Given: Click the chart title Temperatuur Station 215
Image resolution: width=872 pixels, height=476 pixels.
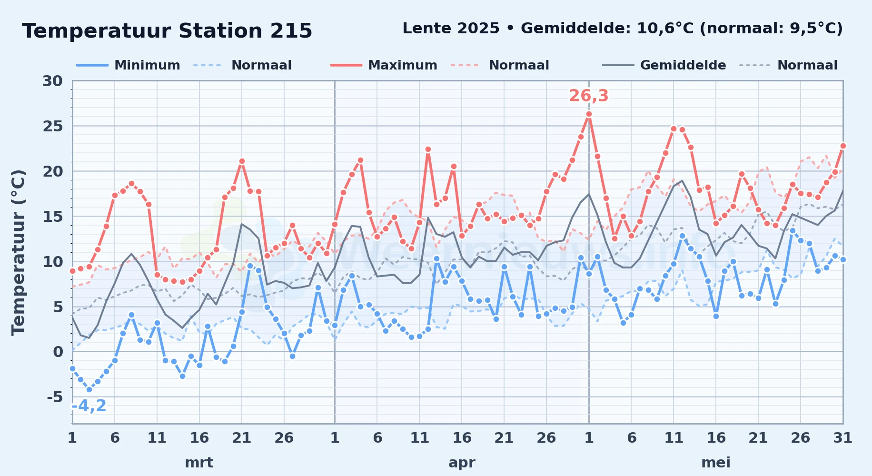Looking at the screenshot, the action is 167,31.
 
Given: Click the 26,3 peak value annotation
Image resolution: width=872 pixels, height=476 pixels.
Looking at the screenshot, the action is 589,96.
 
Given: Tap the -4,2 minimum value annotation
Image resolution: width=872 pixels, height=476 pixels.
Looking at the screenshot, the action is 89,406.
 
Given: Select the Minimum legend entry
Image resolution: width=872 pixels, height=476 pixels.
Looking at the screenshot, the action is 129,65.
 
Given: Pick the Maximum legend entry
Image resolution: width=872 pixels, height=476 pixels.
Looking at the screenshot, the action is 384,65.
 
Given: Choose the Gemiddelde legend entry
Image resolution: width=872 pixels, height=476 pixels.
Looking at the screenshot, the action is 664,65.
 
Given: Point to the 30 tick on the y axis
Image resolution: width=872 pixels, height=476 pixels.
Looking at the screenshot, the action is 52,81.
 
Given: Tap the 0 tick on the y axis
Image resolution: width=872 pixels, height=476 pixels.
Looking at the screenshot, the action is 58,352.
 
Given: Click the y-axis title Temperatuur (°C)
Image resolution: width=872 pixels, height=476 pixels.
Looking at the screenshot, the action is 18,253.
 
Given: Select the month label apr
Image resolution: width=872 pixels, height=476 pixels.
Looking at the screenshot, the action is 462,462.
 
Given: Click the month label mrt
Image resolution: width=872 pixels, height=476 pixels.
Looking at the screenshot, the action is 199,462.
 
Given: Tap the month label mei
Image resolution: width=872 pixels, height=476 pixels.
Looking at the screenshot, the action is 716,462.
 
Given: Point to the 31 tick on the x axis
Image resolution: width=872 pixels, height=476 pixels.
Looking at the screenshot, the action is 842,437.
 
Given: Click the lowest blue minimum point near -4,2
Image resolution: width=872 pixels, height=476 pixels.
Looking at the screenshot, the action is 89,389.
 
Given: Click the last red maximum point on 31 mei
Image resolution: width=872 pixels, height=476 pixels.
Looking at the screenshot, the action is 843,146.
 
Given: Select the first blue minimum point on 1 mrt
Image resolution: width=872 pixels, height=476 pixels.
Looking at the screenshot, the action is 72,368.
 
